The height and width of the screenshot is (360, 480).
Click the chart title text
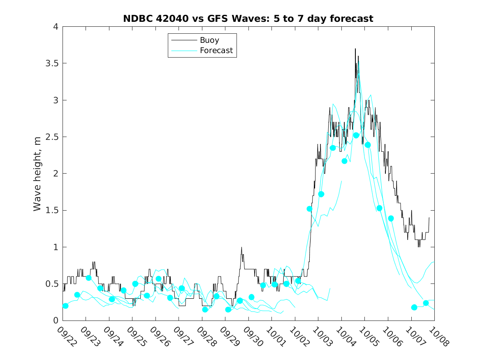248,19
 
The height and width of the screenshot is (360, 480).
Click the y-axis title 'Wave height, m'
37,174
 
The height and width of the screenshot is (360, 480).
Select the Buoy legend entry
209,40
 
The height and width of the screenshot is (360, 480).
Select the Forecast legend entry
216,51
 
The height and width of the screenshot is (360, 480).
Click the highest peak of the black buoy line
355,49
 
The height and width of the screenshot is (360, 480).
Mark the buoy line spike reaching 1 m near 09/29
241,247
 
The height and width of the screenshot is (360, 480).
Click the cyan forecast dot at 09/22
65,306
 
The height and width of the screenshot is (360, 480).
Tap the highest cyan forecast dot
356,135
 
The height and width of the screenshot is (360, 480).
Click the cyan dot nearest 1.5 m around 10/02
310,209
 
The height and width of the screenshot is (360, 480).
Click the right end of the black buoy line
429,218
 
